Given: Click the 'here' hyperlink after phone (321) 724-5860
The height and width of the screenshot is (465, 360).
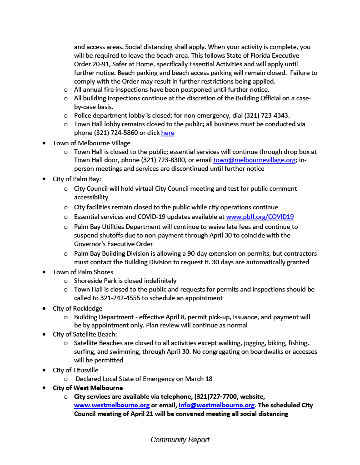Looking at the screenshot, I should pyautogui.click(x=168, y=133).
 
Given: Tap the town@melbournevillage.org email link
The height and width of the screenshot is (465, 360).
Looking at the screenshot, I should pyautogui.click(x=254, y=160).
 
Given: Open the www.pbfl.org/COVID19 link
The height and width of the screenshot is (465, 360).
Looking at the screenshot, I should pyautogui.click(x=260, y=217).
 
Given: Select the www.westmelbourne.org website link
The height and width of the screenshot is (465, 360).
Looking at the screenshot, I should pyautogui.click(x=112, y=405).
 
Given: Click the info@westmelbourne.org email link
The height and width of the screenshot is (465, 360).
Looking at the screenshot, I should pyautogui.click(x=216, y=405).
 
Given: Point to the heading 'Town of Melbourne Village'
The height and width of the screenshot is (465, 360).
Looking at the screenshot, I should pyautogui.click(x=91, y=143).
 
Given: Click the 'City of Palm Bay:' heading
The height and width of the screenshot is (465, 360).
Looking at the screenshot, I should pyautogui.click(x=77, y=179).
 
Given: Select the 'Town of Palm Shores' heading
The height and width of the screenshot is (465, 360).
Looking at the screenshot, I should pyautogui.click(x=83, y=272).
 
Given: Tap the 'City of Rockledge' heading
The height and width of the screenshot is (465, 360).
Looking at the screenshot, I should pyautogui.click(x=77, y=308).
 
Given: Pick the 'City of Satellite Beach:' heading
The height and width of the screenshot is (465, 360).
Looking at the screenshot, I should pyautogui.click(x=85, y=334).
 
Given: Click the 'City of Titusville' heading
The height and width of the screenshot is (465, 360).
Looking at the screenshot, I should pyautogui.click(x=75, y=370).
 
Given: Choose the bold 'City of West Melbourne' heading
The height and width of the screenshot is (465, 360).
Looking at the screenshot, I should pyautogui.click(x=88, y=388).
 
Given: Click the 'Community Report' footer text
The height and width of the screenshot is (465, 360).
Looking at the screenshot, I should pyautogui.click(x=180, y=440).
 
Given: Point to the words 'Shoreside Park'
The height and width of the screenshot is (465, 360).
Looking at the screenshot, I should pyautogui.click(x=95, y=281).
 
